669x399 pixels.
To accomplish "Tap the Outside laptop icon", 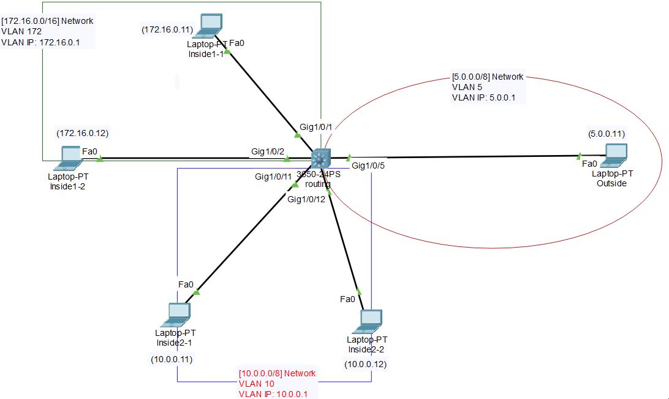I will pos(614,155).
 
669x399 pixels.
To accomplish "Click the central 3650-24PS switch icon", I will pos(320,159).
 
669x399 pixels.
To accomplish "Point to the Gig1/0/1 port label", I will pos(316,127).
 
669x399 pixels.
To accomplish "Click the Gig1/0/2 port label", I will pos(268,151).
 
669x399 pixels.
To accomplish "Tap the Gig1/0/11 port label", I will pos(274,177).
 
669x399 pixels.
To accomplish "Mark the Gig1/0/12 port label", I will pos(306,199).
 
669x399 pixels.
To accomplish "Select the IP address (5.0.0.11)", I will pos(607,133).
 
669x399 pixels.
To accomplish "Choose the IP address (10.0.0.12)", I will pos(366,364).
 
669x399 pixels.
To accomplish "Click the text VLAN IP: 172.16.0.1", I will pos(40,43).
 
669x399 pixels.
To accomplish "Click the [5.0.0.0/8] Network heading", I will pos(487,77).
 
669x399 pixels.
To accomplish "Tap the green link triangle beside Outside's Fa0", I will pos(578,156).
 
